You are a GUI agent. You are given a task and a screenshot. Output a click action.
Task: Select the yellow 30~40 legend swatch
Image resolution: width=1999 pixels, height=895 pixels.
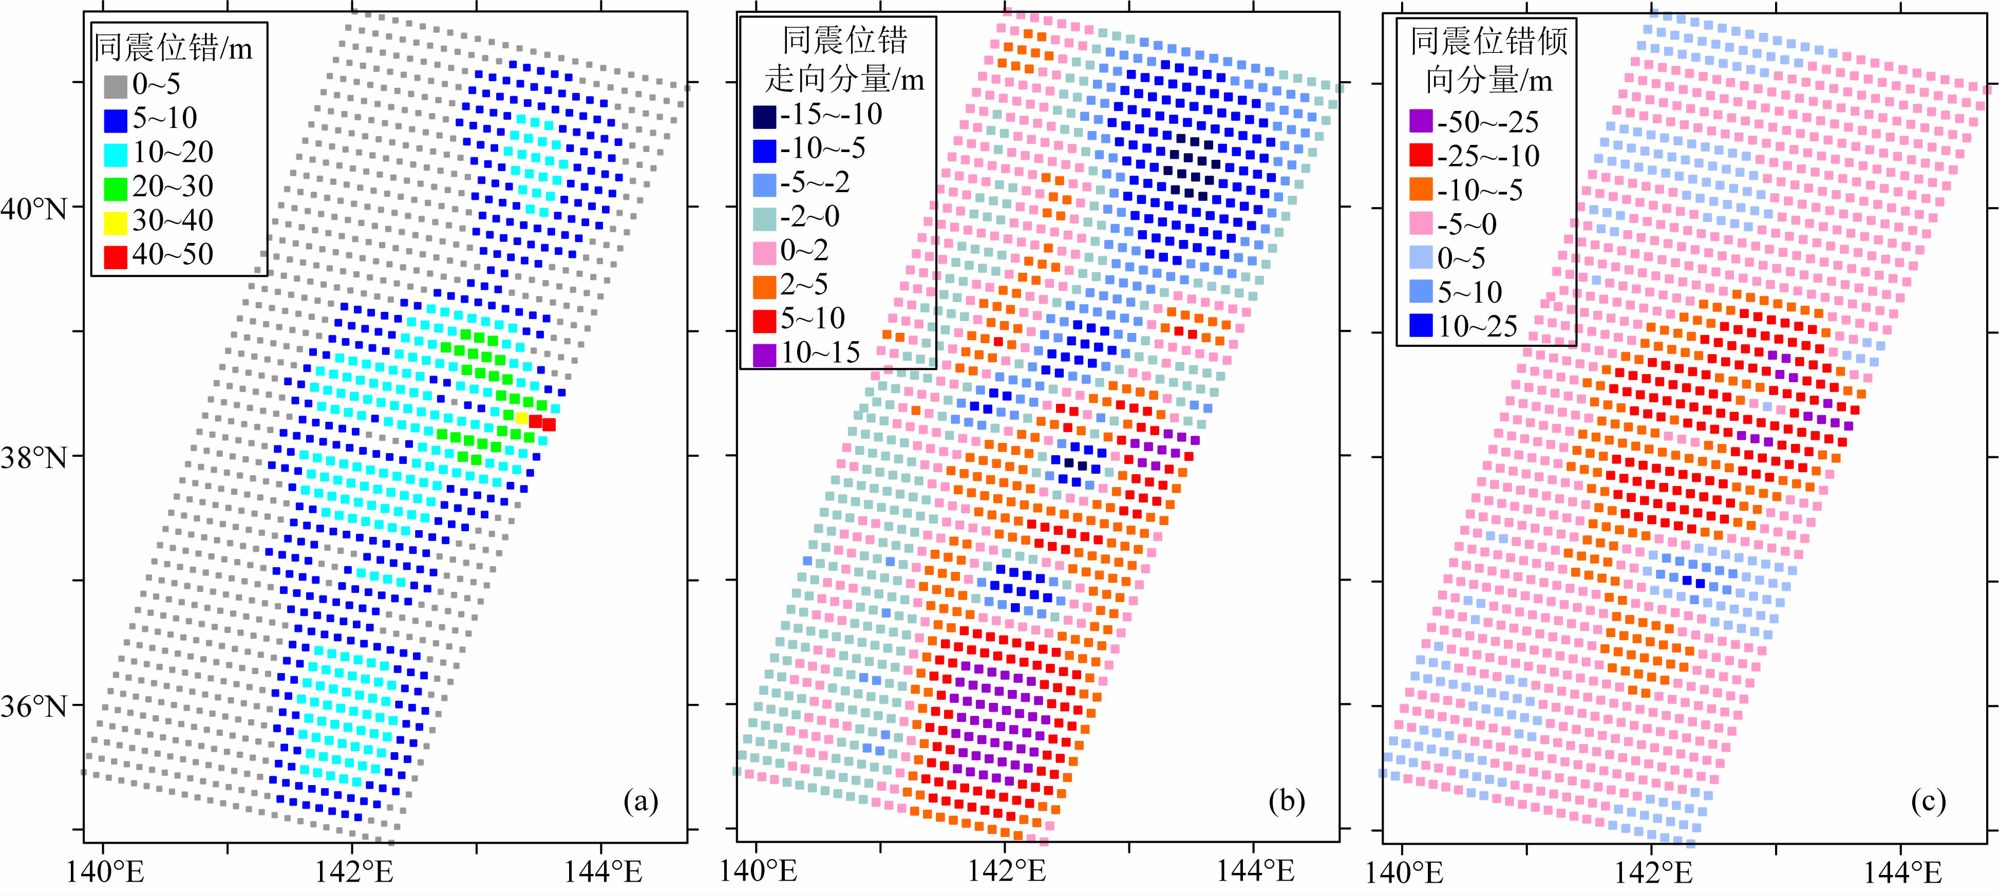coord(116,222)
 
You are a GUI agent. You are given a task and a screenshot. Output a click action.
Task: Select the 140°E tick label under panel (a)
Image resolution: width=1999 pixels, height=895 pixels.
coord(105,872)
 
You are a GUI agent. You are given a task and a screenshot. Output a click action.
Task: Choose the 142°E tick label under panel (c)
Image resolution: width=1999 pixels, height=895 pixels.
coord(1653,872)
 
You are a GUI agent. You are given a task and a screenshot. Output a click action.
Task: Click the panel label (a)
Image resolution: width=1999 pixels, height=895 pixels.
coord(641,801)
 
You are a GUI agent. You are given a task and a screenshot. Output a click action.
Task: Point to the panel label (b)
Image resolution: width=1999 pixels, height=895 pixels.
coord(1287,801)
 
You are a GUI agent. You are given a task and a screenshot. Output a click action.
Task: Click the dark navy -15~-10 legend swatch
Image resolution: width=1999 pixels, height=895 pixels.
coord(764,117)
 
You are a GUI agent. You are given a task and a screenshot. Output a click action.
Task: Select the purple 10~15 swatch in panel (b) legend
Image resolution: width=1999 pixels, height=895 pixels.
coord(764,355)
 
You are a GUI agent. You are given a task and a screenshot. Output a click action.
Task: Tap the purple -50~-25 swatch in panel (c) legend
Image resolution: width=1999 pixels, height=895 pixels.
coord(1421,121)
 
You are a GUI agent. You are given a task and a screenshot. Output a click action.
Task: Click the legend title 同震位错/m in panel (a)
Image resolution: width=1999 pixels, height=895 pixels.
coord(173,48)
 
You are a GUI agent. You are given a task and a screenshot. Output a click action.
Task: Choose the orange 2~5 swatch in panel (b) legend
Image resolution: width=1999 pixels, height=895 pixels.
coord(764,287)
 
